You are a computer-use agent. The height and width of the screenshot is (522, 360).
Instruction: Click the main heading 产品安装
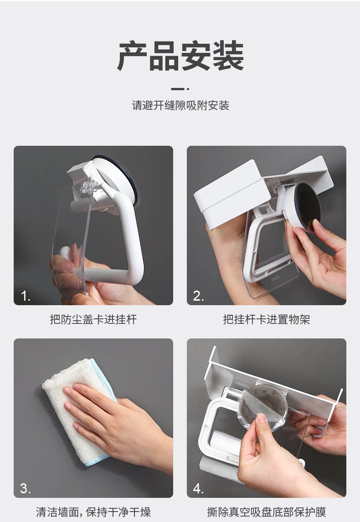180,56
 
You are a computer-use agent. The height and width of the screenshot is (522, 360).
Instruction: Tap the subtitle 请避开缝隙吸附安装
180,106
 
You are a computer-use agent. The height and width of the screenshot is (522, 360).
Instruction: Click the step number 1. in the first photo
26,296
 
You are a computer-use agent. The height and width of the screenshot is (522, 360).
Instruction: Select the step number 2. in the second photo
199,296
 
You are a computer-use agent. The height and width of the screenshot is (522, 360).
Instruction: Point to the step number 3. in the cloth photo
26,488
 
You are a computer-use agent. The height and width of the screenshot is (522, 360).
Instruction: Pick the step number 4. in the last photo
199,488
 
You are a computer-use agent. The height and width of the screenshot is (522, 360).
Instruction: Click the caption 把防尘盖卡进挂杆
93,319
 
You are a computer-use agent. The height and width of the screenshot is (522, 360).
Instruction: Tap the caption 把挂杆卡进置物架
267,319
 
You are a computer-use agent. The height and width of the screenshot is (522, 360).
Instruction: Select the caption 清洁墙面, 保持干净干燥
93,512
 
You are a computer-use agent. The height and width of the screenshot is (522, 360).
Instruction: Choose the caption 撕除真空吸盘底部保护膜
267,512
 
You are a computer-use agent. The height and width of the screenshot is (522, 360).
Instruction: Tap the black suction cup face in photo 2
309,207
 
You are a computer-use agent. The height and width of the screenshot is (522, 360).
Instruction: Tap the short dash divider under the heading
180,89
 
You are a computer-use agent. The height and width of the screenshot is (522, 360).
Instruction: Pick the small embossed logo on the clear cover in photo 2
275,278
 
